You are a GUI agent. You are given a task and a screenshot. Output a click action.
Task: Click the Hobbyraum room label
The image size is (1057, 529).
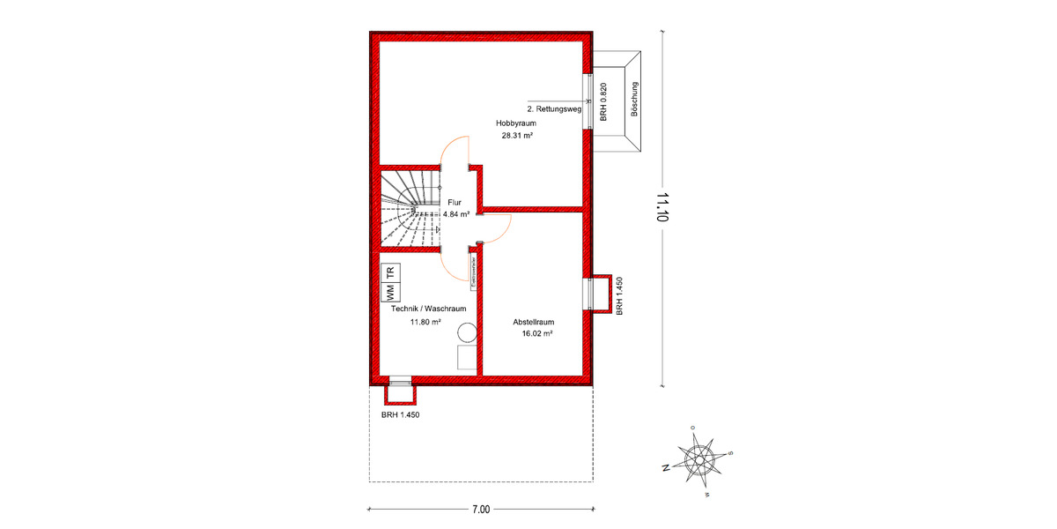[516, 123]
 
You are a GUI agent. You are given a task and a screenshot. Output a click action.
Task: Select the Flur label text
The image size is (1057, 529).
[455, 202]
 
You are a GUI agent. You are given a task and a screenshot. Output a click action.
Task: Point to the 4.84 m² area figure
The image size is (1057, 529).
[456, 214]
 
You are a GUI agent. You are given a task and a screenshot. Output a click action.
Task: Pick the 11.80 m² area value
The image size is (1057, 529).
[425, 322]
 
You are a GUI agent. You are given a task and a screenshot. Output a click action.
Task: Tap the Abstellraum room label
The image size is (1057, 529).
[534, 322]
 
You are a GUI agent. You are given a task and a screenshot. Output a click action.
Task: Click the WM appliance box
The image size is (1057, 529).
[388, 290]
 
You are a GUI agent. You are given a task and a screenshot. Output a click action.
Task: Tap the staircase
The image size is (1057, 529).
[409, 209]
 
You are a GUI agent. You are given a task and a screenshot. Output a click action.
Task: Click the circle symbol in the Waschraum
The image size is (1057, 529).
[466, 332]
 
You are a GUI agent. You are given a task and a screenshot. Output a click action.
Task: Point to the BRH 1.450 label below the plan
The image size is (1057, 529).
[400, 414]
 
